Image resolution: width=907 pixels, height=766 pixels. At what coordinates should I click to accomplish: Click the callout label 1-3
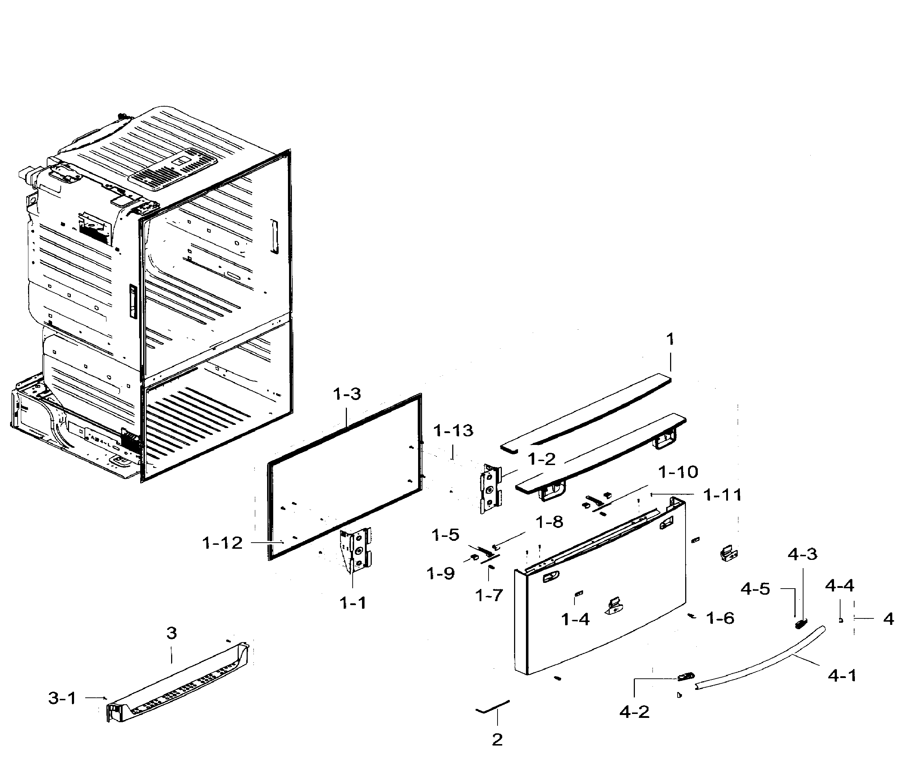pos(347,394)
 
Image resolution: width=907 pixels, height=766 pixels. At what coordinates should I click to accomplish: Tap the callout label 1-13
pos(453,431)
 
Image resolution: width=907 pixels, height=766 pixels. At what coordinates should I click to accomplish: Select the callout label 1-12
pos(222,543)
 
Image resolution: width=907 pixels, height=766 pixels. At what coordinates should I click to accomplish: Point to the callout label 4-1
pos(842,676)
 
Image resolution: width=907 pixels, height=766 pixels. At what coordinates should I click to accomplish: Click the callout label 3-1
pos(62,698)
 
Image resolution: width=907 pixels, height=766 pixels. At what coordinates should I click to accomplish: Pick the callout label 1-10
pos(678,472)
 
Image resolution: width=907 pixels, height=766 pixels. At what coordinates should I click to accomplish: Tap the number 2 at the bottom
pos(497,739)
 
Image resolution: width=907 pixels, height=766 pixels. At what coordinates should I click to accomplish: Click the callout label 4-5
pos(755,589)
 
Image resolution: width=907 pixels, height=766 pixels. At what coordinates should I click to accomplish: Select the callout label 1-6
pos(720,618)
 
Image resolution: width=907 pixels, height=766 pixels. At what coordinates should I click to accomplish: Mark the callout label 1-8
pos(549,522)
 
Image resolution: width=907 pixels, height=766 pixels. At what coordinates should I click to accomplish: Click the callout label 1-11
pos(722,495)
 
